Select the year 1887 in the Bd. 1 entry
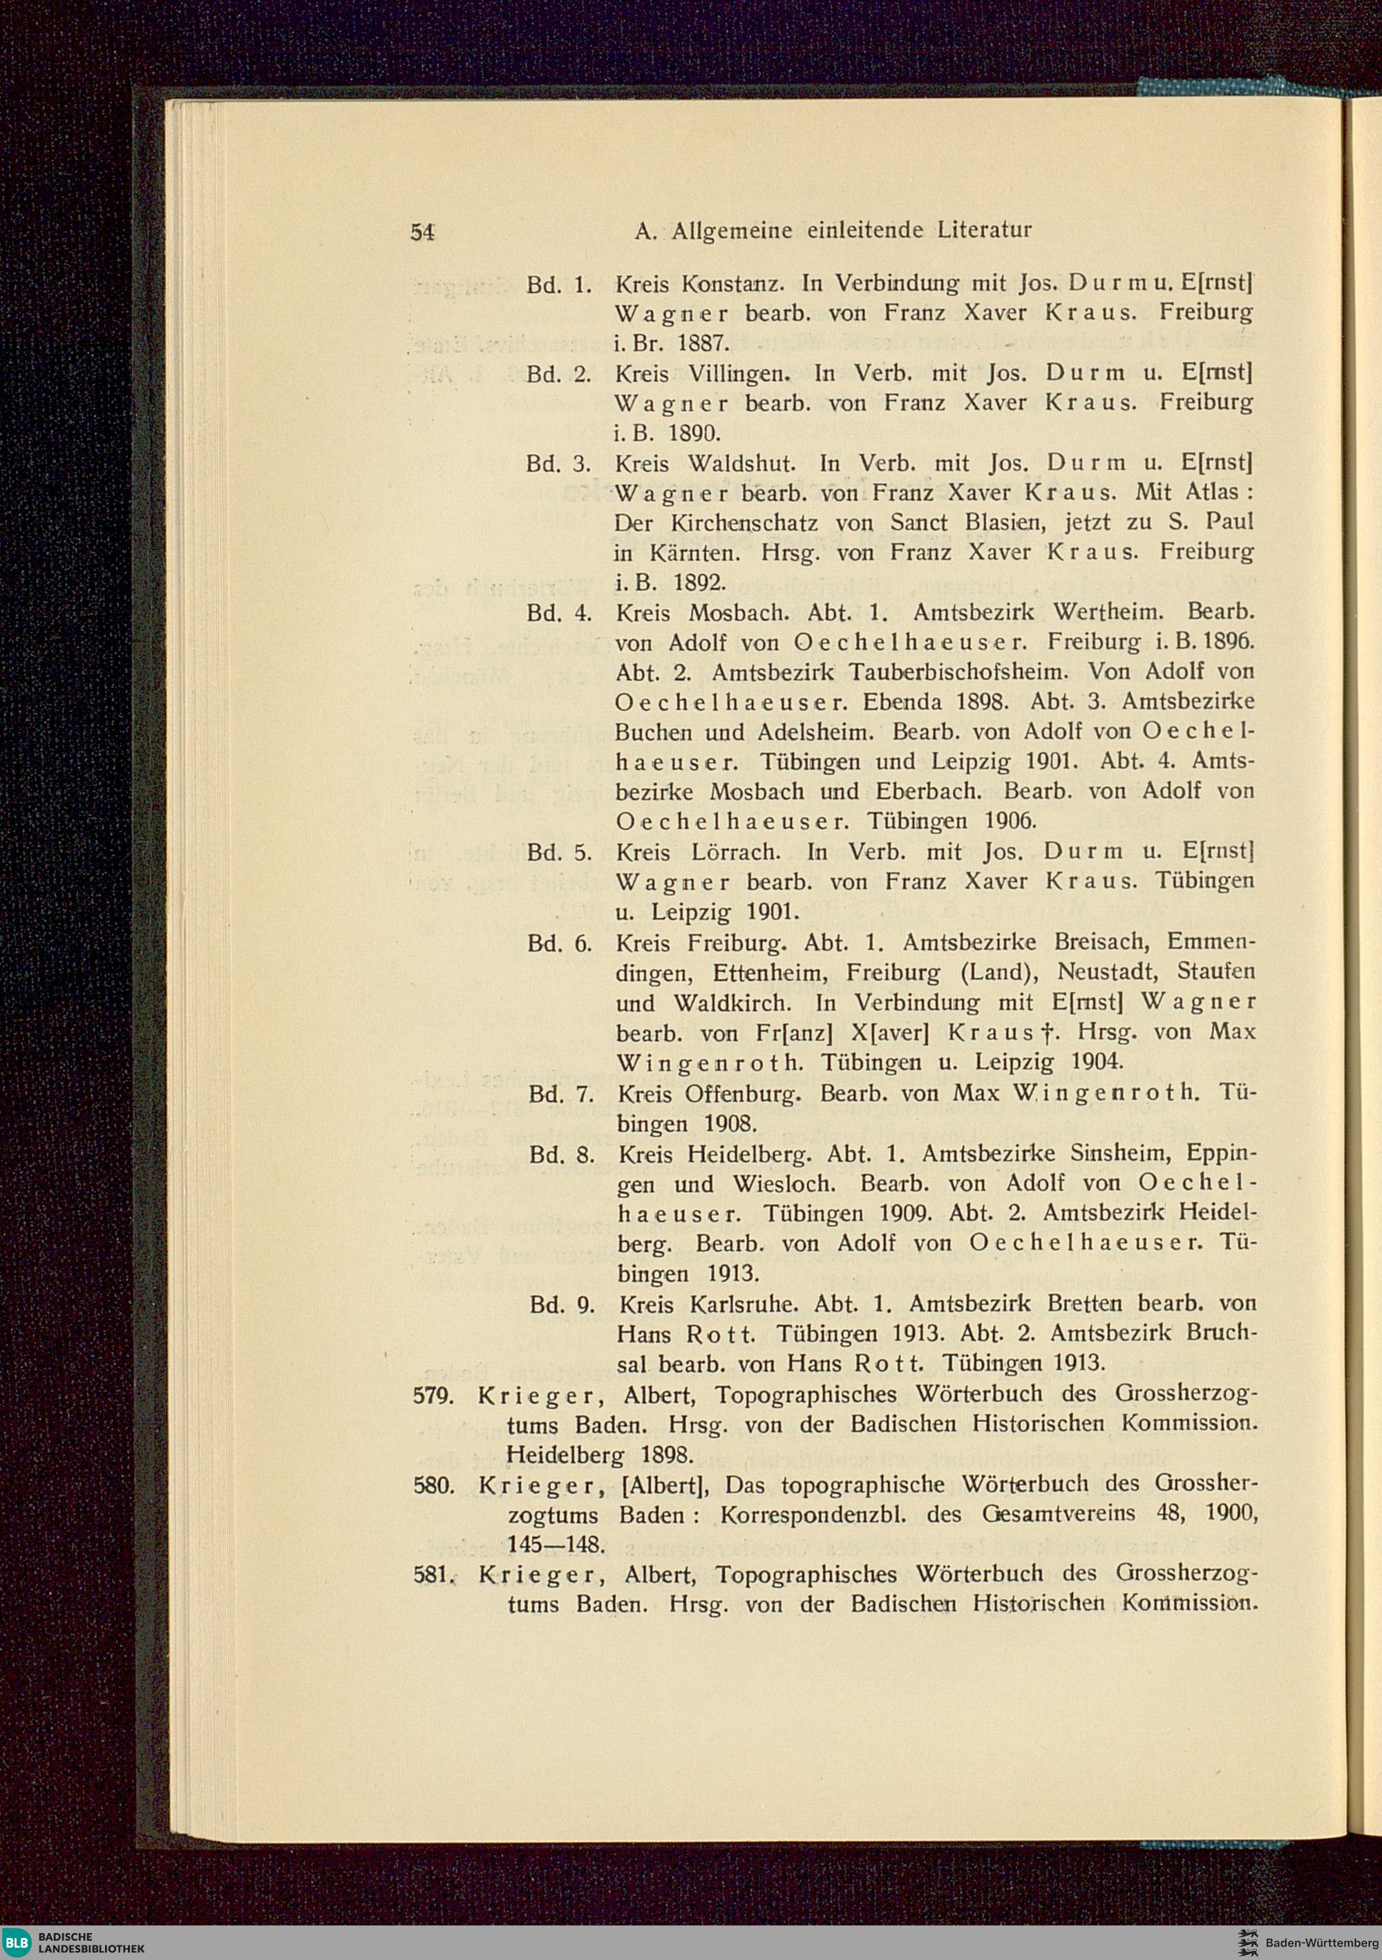pos(701,343)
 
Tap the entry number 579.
pos(431,1395)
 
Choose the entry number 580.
pos(431,1485)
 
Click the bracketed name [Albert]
pos(663,1485)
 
